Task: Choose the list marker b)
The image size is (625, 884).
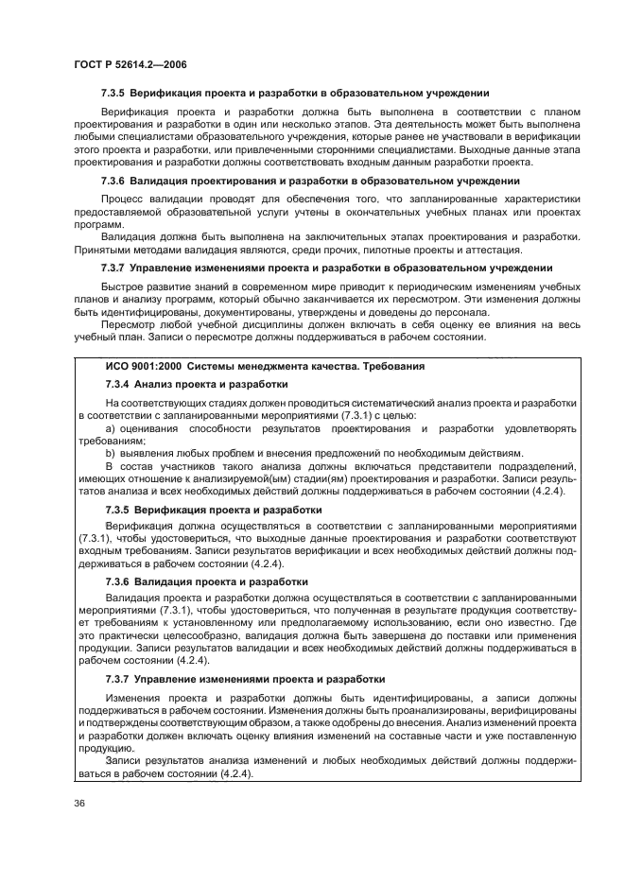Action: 112,453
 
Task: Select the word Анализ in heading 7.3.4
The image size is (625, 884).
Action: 154,385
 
